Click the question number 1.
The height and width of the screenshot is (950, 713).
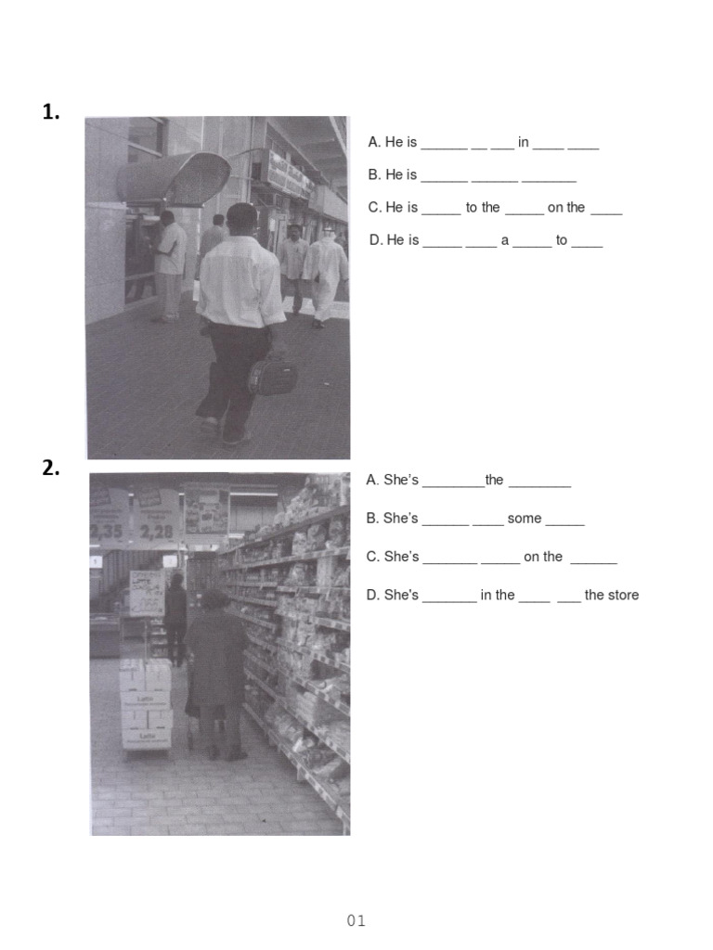coord(51,113)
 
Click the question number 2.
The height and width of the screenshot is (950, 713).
coord(51,469)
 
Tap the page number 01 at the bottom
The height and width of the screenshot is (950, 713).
coord(356,920)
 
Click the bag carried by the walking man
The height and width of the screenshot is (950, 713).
coord(273,376)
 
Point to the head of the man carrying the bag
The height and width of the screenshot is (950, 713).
coord(241,219)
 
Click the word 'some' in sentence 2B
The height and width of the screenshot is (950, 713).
coord(525,519)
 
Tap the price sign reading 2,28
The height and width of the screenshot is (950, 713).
coord(156,532)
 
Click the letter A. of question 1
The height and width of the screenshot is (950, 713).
coord(374,142)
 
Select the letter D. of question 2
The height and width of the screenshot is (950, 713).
coord(373,595)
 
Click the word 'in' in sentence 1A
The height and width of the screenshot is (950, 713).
coord(524,142)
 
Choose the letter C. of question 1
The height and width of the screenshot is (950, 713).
coord(375,207)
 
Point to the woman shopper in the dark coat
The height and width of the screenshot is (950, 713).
coord(215,668)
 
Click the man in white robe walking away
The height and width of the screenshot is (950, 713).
coord(325,274)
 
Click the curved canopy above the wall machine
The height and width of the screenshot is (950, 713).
coord(176,176)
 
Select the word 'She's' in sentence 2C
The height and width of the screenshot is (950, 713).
coord(401,557)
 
